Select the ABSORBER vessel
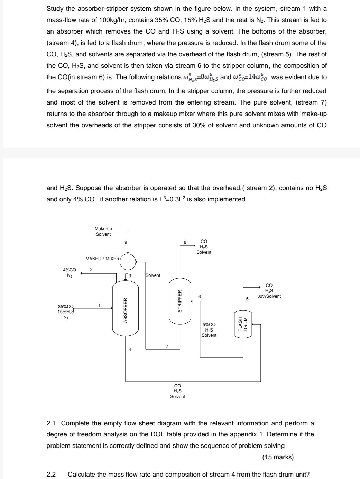(126, 310)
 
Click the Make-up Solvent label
(103, 232)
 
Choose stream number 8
(185, 242)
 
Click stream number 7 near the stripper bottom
(167, 346)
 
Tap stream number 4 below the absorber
(130, 350)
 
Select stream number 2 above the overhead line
(91, 269)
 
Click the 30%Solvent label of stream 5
(269, 296)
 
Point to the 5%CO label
(209, 324)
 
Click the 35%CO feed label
(66, 306)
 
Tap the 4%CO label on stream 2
(70, 270)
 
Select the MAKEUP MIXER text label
(102, 259)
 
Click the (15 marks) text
(278, 457)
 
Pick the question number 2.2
(51, 474)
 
